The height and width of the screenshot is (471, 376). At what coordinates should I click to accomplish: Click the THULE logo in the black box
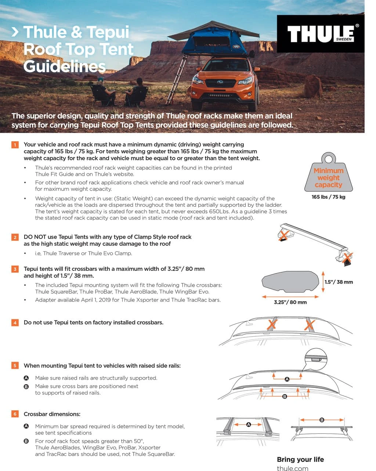coord(321,34)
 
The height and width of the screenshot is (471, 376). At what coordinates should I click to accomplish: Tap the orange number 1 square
coord(15,145)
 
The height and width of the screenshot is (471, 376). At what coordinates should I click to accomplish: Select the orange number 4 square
coord(15,323)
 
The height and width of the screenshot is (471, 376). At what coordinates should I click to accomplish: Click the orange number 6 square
coord(15,414)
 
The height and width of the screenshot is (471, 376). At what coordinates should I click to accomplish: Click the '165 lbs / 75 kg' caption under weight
coord(328,197)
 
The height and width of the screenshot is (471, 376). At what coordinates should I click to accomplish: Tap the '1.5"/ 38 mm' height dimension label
coord(338,282)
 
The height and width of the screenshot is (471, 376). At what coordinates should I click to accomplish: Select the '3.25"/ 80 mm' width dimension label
coord(290,302)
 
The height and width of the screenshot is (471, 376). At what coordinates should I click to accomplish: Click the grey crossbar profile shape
coord(290,284)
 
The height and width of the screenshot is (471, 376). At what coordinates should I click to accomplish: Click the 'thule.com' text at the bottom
coord(293,468)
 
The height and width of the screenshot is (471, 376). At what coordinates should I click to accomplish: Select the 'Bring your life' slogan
coord(300,459)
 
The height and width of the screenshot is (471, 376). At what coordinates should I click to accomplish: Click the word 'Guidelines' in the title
coord(65,66)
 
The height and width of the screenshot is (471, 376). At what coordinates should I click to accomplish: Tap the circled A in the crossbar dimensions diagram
coord(248,424)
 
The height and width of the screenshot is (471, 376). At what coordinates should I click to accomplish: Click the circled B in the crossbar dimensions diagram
coord(322,420)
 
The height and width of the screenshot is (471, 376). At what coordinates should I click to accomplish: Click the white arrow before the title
coord(15,32)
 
